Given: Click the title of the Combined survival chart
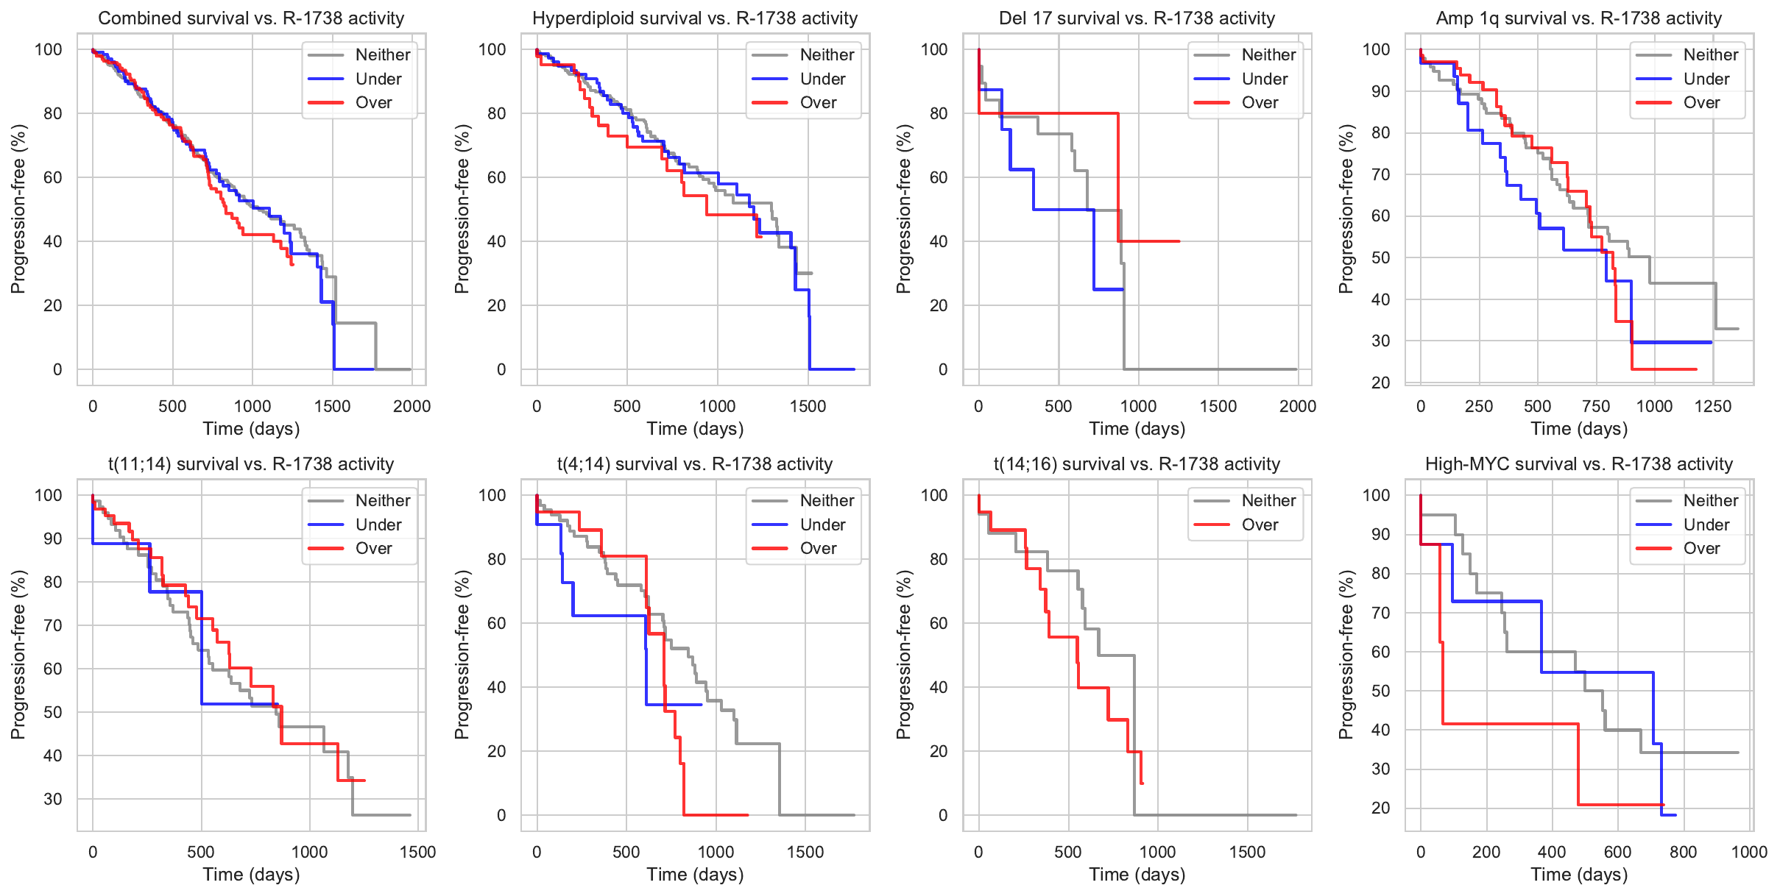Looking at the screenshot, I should tap(251, 18).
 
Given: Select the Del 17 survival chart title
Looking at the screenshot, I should tap(1137, 18).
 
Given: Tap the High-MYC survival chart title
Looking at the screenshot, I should tap(1578, 464).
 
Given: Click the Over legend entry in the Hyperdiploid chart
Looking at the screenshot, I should tap(818, 103).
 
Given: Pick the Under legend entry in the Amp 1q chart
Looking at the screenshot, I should tap(1706, 79).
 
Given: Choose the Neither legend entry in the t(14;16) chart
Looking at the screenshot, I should tap(1268, 501).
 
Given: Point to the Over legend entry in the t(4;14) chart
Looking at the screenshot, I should tap(818, 549).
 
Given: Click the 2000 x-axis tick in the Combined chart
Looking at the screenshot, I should tap(412, 406).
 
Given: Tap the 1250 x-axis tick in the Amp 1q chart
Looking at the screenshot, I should tap(1712, 406).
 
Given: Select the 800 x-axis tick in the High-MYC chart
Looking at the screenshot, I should tap(1683, 852).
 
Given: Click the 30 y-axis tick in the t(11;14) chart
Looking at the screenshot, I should tap(53, 799).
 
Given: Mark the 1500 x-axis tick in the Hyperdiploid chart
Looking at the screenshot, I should tap(808, 406).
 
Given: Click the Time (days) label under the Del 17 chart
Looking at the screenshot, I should tap(1137, 429).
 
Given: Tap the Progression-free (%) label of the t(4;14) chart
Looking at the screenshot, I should tap(462, 655).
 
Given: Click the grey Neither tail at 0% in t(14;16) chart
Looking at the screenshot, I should tap(1215, 815).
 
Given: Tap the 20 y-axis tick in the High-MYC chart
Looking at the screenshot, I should tap(1380, 808).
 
